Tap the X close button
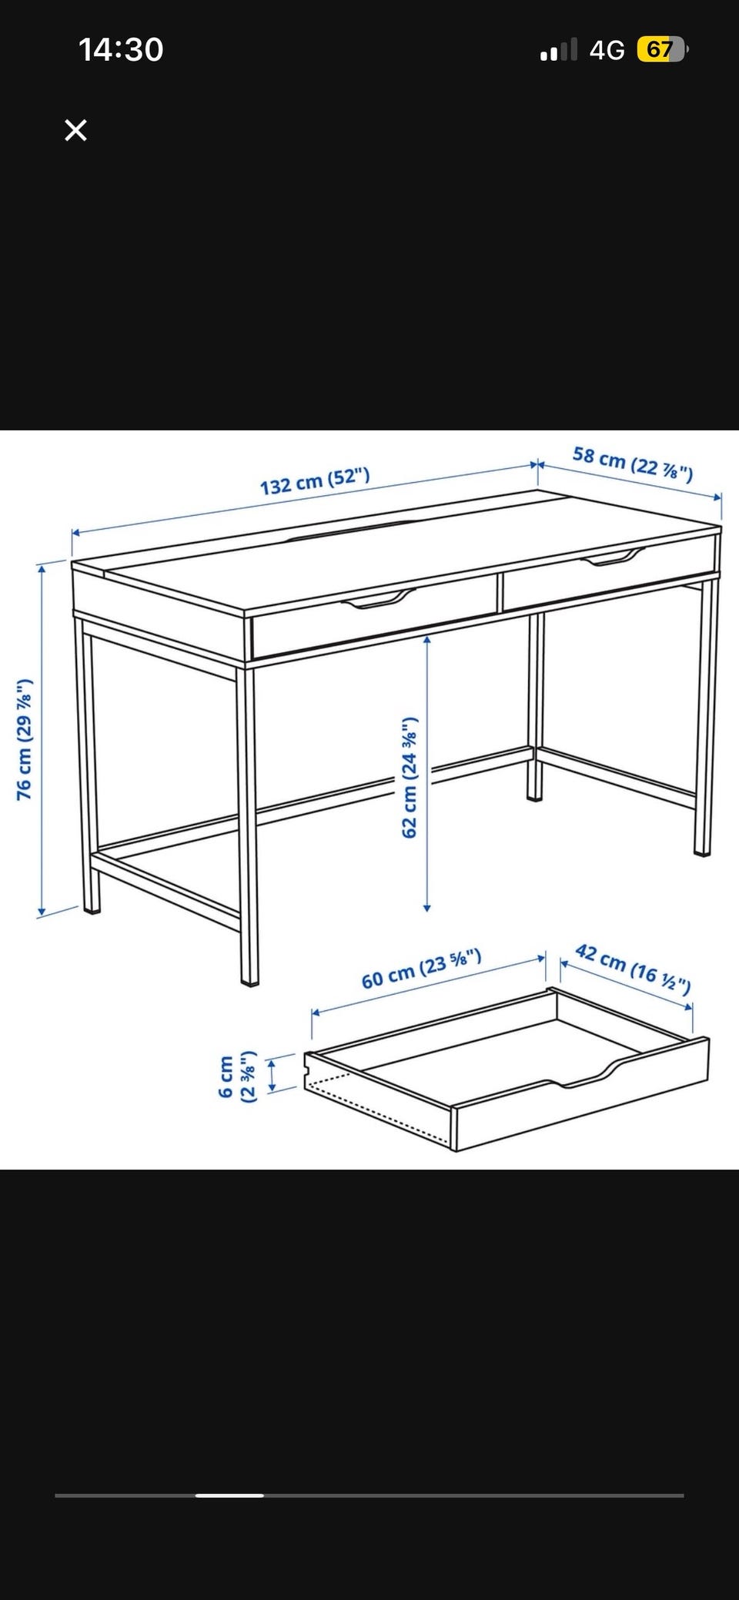[75, 130]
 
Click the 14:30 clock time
[121, 50]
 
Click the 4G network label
[607, 51]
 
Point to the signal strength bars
[558, 51]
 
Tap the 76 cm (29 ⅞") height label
[25, 739]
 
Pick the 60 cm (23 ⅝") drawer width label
[422, 969]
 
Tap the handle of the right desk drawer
[611, 557]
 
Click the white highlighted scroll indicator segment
[229, 1495]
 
